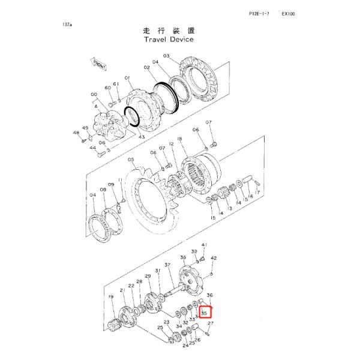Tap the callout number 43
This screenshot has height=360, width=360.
142,138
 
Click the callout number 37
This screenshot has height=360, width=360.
168,265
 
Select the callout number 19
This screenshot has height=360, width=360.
111,297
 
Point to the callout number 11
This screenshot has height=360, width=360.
119,180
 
